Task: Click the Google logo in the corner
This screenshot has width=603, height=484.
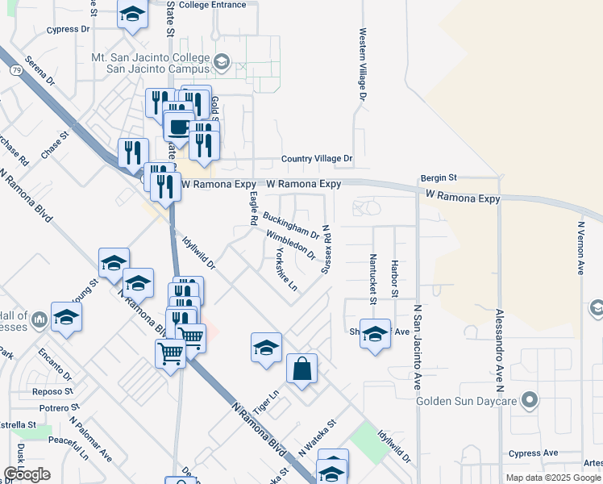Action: click(27, 474)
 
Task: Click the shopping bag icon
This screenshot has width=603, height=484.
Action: click(301, 369)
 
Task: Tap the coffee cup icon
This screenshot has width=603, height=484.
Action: click(177, 127)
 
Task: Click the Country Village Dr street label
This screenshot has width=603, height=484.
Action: click(317, 160)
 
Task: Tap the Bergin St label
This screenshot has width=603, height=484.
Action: click(439, 177)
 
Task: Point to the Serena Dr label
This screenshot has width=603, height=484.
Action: click(39, 71)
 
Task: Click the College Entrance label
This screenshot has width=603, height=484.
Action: click(212, 5)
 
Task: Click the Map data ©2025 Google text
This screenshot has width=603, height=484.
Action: click(554, 478)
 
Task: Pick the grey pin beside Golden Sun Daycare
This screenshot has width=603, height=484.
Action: click(529, 399)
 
